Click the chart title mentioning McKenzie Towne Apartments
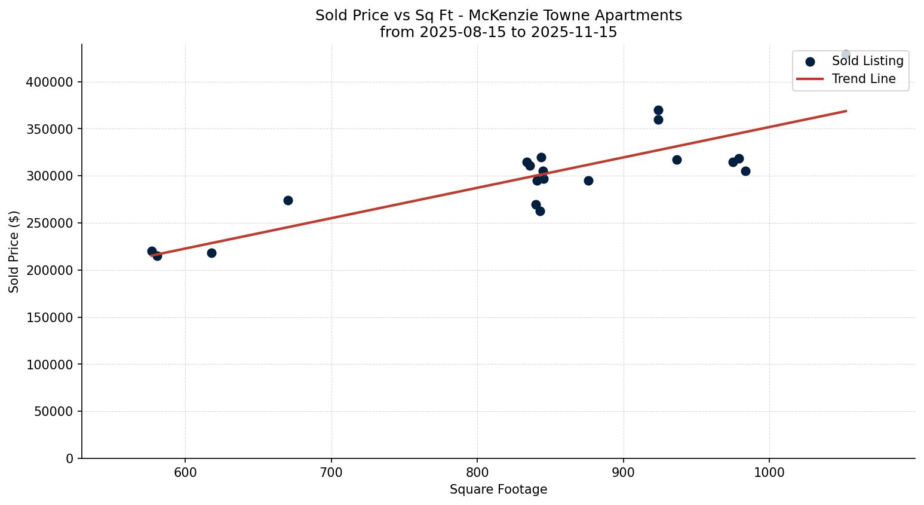498,16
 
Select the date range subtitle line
498,32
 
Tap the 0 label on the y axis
69,459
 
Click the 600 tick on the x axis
185,472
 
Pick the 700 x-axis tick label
331,472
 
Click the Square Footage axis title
498,490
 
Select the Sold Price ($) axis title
14,252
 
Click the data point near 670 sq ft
288,200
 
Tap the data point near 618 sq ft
211,253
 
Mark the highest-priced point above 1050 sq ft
846,54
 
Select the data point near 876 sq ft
588,180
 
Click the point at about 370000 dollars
658,110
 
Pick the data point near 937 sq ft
677,160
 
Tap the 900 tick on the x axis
624,472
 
